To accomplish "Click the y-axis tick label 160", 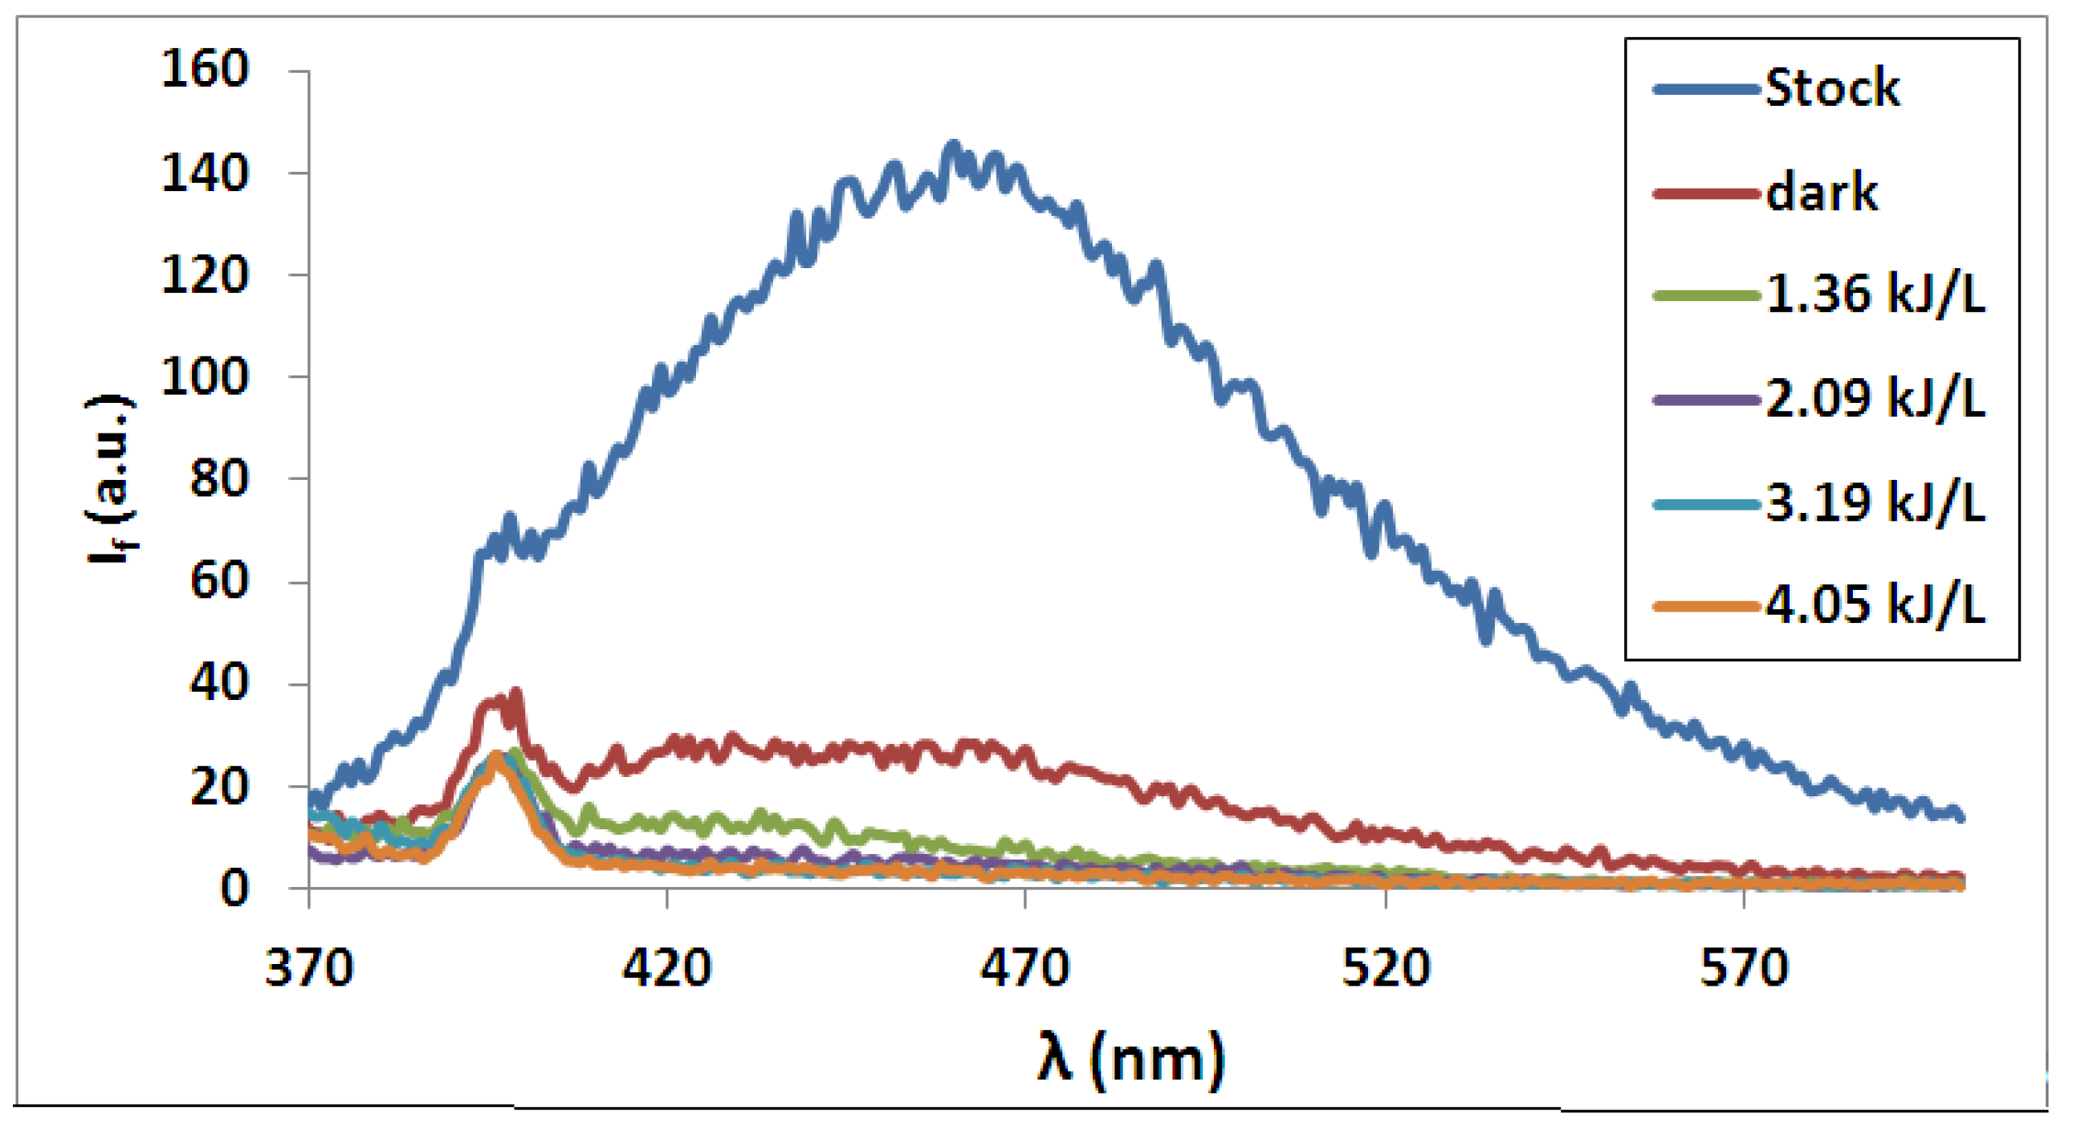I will click(x=205, y=69).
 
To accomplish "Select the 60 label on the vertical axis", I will click(x=218, y=581).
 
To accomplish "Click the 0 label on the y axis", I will click(x=234, y=889).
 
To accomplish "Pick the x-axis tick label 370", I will click(x=309, y=967).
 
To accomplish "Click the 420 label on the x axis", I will click(x=666, y=967).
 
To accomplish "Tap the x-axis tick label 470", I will click(x=1025, y=967).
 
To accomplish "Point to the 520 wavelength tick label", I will click(x=1386, y=967).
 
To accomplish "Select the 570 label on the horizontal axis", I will click(x=1745, y=967).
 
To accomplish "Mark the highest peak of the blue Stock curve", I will click(x=953, y=146).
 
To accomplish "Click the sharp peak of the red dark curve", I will click(x=515, y=694).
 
